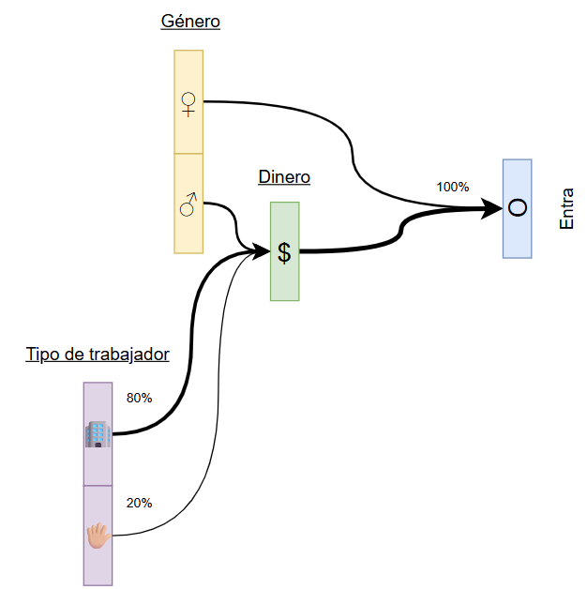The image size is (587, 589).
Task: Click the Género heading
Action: pyautogui.click(x=190, y=22)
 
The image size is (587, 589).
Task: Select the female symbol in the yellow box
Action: pyautogui.click(x=188, y=102)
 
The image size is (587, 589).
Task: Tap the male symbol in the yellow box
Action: pyautogui.click(x=188, y=204)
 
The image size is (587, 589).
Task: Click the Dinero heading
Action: pyautogui.click(x=284, y=177)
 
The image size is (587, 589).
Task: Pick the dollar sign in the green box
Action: pyautogui.click(x=284, y=251)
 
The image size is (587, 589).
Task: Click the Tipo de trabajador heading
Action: pyautogui.click(x=98, y=355)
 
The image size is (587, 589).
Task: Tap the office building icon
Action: pyautogui.click(x=98, y=433)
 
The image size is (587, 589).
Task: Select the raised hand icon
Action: pyautogui.click(x=98, y=536)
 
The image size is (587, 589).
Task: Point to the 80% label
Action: pyautogui.click(x=139, y=398)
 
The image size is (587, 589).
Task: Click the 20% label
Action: pyautogui.click(x=139, y=503)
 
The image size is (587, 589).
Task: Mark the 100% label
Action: pyautogui.click(x=452, y=187)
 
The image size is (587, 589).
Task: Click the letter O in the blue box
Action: pyautogui.click(x=517, y=208)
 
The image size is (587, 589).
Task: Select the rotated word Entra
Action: pyautogui.click(x=566, y=209)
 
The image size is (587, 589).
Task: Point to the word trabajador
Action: pyautogui.click(x=123, y=355)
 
